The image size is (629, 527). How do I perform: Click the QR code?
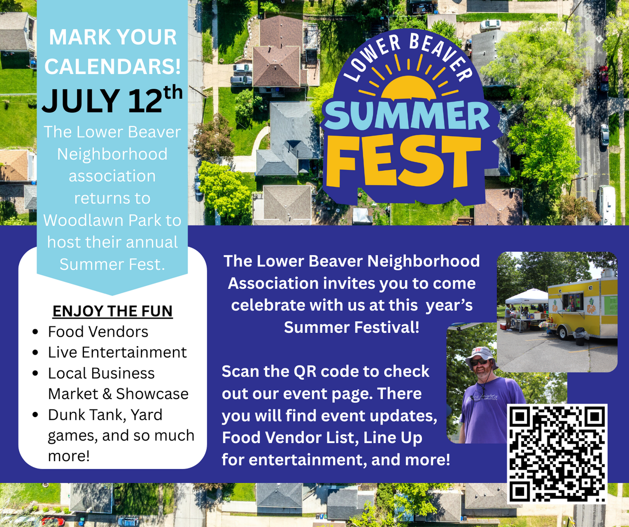557,453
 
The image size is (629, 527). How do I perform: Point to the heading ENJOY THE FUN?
112,311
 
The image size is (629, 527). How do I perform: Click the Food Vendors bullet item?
98,332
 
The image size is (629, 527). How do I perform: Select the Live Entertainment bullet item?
117,352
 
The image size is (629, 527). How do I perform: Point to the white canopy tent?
526,296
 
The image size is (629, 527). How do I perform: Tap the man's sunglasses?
480,362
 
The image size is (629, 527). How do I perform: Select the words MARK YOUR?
113,38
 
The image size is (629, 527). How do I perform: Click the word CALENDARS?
113,67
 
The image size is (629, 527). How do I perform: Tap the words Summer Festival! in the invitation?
352,327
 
